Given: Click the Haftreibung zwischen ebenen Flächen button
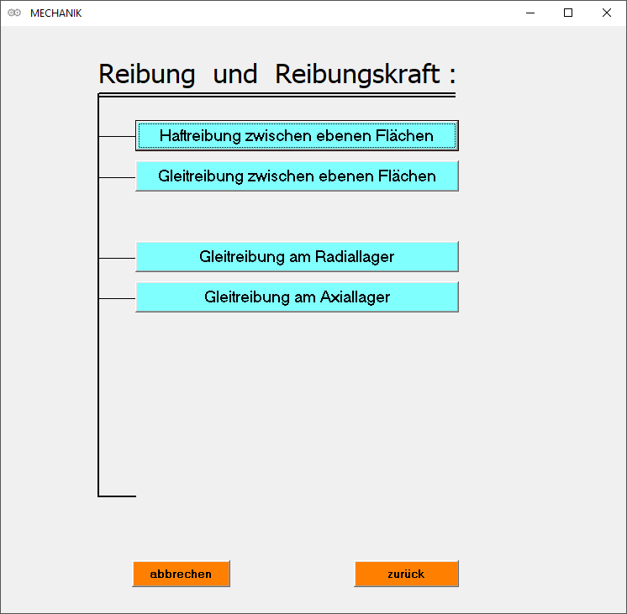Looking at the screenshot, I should (297, 135).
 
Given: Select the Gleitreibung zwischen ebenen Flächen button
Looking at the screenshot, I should (297, 176).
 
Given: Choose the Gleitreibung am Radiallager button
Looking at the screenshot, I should (297, 257).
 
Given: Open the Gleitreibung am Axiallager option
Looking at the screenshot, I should (297, 297).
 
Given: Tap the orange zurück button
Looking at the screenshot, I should (406, 575).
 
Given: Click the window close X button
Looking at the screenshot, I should (607, 13).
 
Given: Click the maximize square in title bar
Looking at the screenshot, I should (568, 13).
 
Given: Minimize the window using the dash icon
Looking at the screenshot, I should (530, 13).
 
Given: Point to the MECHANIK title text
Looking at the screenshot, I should (55, 13).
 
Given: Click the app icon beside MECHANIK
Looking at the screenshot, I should (13, 13).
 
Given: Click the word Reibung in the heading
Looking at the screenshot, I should (146, 75).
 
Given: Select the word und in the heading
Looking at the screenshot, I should (235, 75).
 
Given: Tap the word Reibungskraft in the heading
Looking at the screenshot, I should (357, 75).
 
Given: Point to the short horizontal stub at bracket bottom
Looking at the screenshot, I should (118, 496).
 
